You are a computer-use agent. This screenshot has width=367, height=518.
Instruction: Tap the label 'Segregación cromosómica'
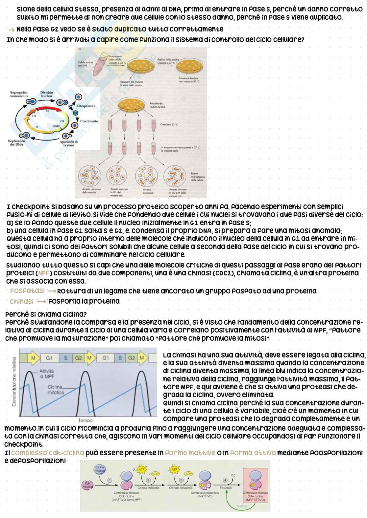point(18,95)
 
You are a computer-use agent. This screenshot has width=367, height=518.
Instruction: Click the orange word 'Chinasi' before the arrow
point(22,301)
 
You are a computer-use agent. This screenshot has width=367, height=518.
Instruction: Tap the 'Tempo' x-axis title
point(85,420)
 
